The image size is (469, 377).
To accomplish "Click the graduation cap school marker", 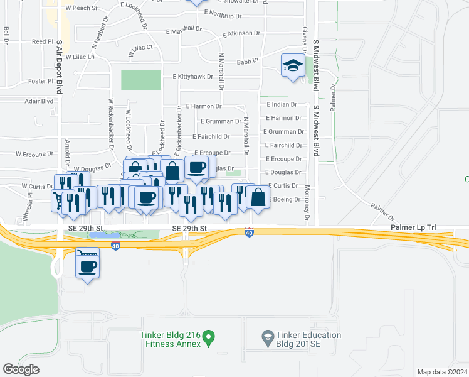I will [x=293, y=65].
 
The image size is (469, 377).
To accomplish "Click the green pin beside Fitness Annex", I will [x=210, y=338].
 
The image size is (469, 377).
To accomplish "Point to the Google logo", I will [x=21, y=369].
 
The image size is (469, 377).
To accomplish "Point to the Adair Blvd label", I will [x=38, y=101].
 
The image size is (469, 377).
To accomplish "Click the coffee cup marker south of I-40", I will [x=87, y=266].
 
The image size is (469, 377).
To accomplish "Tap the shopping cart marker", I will [x=58, y=200].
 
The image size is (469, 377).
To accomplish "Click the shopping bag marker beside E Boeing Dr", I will [x=258, y=197].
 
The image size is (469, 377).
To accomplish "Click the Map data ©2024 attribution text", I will [x=441, y=372].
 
